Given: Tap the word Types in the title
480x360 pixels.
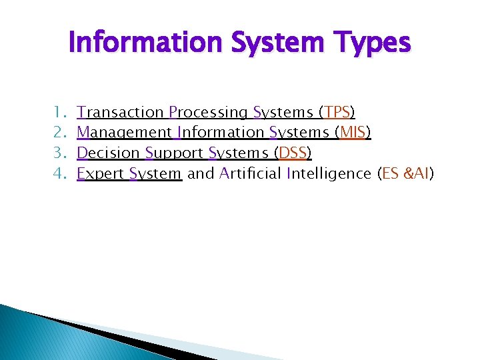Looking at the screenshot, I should coord(371,43).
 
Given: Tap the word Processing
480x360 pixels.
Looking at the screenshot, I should coord(208,113).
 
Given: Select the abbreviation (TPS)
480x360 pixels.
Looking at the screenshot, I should coord(337,112).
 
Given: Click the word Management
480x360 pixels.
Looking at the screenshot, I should coord(124,133).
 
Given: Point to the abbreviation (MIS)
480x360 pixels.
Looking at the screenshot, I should coord(353,133).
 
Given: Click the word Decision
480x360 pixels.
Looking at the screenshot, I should coord(108,153).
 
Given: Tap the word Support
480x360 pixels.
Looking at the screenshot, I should coord(174,154).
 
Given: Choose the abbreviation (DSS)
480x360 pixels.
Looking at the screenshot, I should coord(293,153).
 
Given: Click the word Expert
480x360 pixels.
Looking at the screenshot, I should coord(101,174).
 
